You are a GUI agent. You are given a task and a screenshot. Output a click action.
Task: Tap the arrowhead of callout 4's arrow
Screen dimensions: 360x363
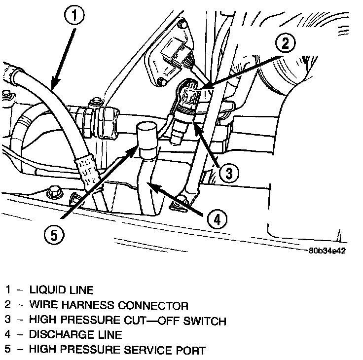click(151, 185)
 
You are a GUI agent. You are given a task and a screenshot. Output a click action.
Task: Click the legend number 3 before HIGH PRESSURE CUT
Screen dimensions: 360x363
click(8, 321)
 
